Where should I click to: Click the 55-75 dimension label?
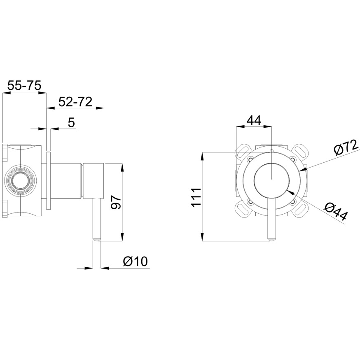pyautogui.click(x=24, y=86)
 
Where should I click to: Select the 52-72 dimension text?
pyautogui.click(x=75, y=102)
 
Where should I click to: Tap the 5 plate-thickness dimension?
pyautogui.click(x=72, y=122)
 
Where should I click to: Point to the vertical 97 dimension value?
pyautogui.click(x=116, y=202)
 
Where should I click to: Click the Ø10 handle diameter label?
pyautogui.click(x=135, y=261)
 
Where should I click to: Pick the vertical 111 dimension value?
pyautogui.click(x=196, y=198)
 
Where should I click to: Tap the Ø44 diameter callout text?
pyautogui.click(x=335, y=212)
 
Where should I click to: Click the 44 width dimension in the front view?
pyautogui.click(x=254, y=120)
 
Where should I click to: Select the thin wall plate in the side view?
pyautogui.click(x=49, y=180)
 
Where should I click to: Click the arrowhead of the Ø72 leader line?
pyautogui.click(x=304, y=169)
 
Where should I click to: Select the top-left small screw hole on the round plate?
pyautogui.click(x=251, y=159)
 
